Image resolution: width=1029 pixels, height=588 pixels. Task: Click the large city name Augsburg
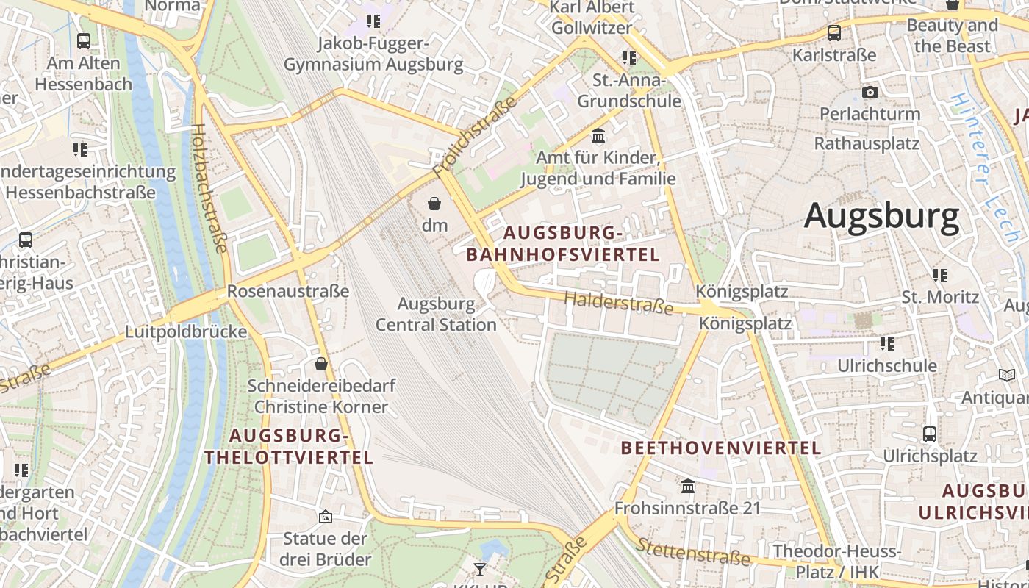coord(881,216)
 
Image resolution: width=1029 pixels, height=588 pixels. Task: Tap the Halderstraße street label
coord(619,302)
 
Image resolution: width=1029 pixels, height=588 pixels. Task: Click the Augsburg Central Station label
coord(437,314)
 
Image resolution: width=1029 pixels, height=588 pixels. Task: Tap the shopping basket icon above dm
coord(434,204)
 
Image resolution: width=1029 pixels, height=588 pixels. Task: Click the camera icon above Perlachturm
coord(870,93)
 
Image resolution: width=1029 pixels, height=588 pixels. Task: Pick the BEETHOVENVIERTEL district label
coord(720,448)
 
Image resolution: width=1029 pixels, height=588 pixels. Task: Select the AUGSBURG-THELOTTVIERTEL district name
coord(289,446)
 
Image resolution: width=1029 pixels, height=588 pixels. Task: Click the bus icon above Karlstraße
coord(834,33)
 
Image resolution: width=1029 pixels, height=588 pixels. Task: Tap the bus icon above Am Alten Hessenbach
coord(84,41)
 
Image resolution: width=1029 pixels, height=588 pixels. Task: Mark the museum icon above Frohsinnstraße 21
coord(688,486)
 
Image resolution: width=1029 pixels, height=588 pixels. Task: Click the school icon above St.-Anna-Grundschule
coord(629,57)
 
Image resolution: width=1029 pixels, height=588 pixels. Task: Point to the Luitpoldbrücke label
coord(186,331)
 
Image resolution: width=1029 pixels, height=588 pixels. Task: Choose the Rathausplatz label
coord(867,143)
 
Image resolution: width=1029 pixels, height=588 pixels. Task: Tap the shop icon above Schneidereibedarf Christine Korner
coord(321,364)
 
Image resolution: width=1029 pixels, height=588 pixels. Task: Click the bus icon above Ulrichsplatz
coord(930,434)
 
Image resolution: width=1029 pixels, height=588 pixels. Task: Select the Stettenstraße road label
coord(694,552)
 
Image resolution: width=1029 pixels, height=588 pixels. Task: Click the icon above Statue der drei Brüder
coord(326,517)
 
